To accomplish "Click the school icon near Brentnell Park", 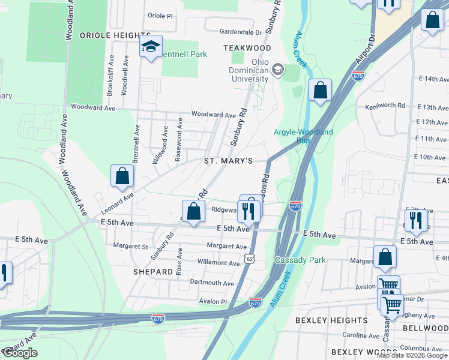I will click(151, 46).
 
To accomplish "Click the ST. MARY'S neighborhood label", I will click(228, 161).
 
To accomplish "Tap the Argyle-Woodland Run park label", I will click(303, 136).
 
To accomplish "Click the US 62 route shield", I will click(249, 258).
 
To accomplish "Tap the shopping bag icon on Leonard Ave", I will click(122, 176).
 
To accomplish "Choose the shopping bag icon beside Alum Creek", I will click(321, 90).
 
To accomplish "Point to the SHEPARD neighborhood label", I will click(154, 272).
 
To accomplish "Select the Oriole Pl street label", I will click(160, 16).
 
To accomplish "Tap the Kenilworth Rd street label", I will click(385, 106).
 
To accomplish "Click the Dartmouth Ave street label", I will click(212, 283).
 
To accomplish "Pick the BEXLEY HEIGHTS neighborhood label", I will click(332, 320).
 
